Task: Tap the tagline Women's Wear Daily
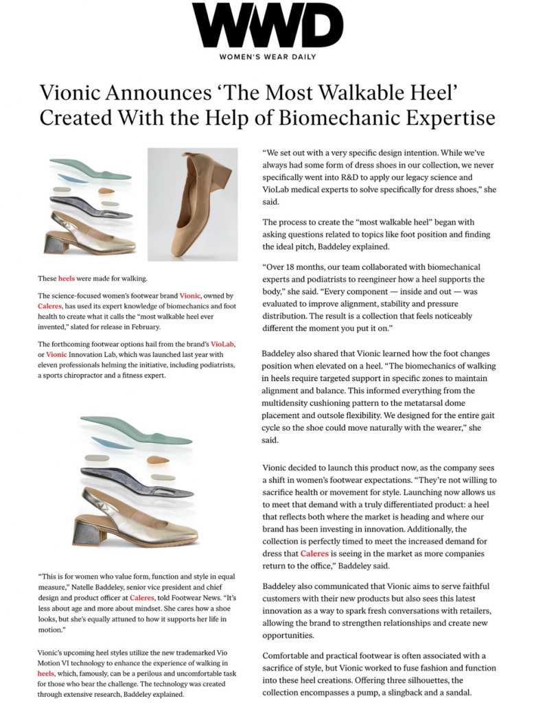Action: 267,57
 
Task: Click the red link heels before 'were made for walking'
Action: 67,279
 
